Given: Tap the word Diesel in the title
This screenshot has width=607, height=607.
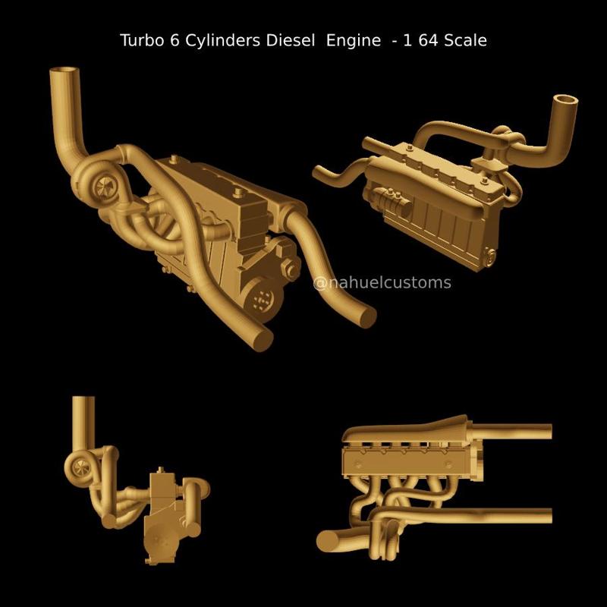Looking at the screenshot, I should click(291, 40).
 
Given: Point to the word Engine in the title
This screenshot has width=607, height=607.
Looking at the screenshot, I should click(354, 40).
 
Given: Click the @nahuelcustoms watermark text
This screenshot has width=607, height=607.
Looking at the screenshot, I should click(382, 283).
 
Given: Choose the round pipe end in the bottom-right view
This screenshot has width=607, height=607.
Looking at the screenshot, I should click(329, 540).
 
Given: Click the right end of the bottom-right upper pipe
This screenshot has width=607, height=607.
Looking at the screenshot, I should click(548, 432).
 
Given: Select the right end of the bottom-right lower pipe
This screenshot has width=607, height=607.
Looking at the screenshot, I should click(548, 515).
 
